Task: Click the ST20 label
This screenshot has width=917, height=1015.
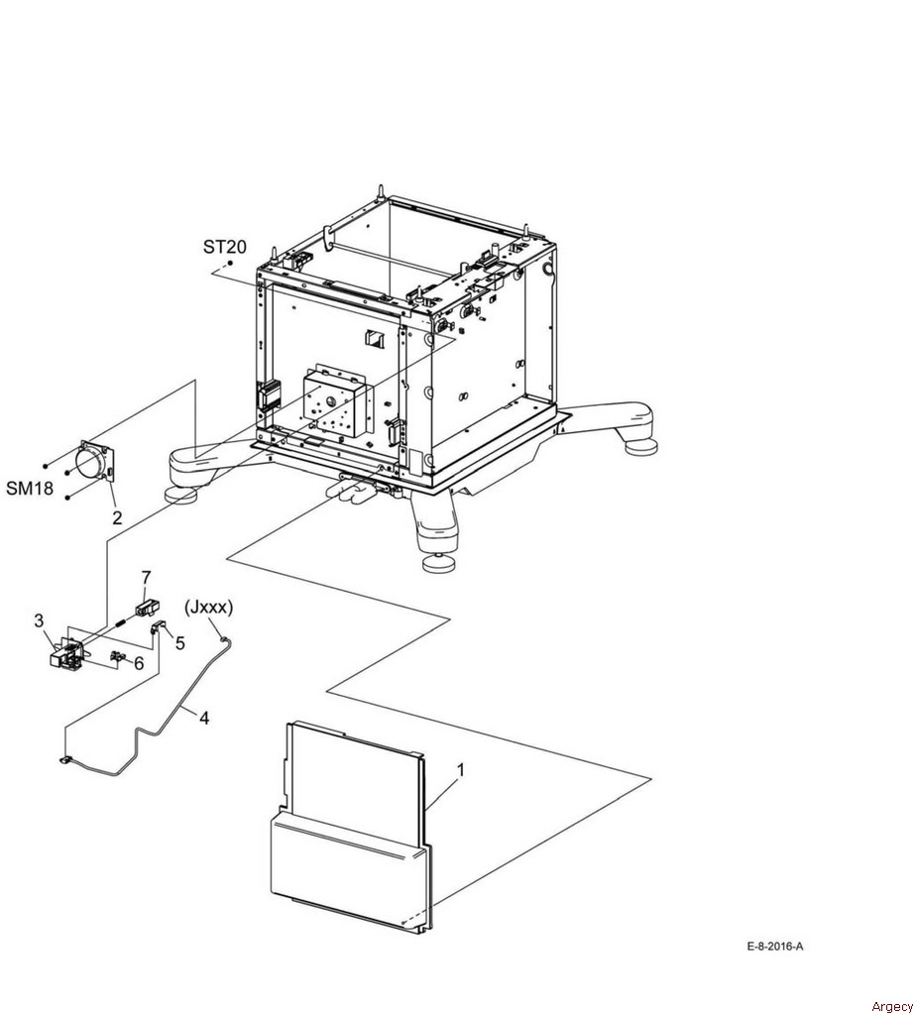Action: coord(225,247)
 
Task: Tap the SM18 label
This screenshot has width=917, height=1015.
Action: coord(30,488)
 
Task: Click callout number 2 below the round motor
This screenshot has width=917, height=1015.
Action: coord(117,517)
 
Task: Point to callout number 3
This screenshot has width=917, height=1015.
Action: coord(39,620)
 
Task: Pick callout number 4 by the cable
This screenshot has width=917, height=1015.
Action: coord(204,718)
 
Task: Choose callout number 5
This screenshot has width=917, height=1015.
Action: coord(180,642)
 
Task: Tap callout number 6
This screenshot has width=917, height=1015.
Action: coord(139,663)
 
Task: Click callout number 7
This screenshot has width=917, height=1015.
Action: coord(146,577)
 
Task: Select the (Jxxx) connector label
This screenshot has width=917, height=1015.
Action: coord(209,608)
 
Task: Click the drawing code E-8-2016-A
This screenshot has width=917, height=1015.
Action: coord(775,947)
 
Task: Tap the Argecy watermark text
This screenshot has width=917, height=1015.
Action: coord(892,1006)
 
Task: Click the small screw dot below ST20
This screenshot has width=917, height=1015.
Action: coord(230,264)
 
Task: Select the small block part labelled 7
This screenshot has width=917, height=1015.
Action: coord(150,608)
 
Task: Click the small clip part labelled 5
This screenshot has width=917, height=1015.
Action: coord(159,626)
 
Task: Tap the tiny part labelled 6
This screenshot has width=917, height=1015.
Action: coord(118,656)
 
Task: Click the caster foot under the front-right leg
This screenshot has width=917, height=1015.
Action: coord(439,563)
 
